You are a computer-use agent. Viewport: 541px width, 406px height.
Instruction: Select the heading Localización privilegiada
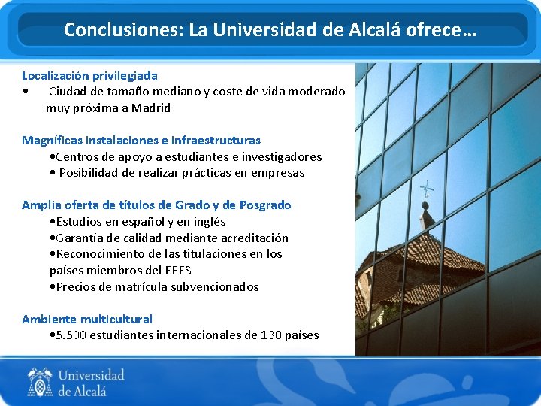[x=89, y=75]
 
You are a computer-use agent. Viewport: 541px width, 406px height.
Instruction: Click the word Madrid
[x=151, y=108]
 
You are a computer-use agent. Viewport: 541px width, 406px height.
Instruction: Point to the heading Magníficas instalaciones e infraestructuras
[x=141, y=140]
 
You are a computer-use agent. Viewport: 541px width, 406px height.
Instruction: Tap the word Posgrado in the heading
[x=265, y=205]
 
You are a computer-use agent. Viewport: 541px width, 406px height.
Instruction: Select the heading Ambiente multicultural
[x=87, y=319]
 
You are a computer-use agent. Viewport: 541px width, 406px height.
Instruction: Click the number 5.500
[x=71, y=335]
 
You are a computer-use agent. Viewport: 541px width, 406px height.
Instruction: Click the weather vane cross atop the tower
[x=427, y=189]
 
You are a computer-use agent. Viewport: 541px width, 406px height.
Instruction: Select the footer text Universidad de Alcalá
[x=90, y=382]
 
